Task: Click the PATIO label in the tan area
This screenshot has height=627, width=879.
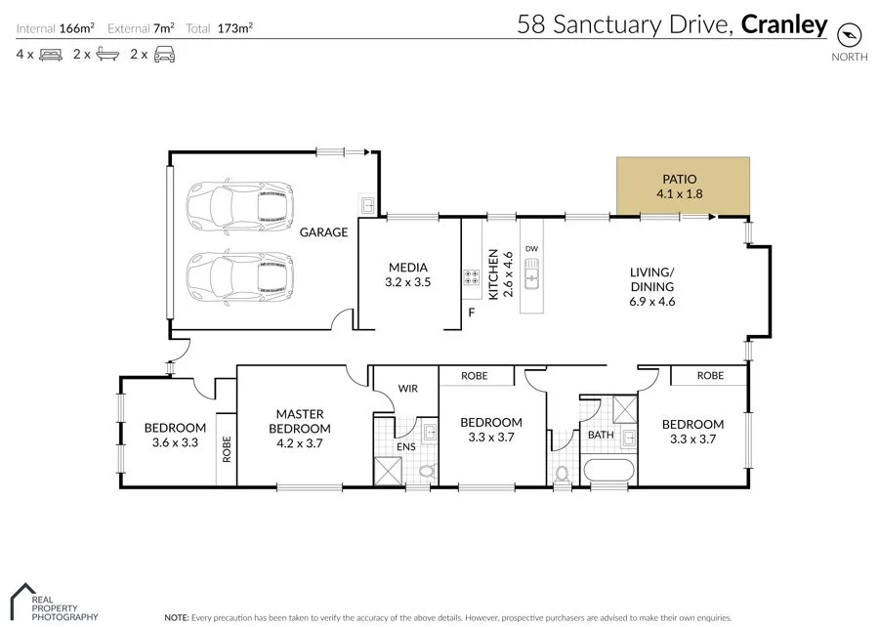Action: click(x=683, y=179)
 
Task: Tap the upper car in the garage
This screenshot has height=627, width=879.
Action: click(x=239, y=205)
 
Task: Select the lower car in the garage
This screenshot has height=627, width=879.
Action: click(x=239, y=275)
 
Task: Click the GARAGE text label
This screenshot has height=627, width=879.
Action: click(x=323, y=232)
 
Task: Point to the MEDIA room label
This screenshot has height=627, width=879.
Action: click(x=408, y=268)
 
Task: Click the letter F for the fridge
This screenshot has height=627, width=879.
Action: click(x=471, y=313)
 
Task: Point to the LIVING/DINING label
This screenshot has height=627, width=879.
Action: click(x=652, y=278)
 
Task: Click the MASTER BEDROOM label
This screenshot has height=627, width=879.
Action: click(x=299, y=421)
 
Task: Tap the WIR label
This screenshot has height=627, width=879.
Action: click(x=407, y=389)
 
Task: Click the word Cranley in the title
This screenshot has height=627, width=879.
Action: click(x=783, y=24)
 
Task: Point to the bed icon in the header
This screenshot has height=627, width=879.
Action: click(x=50, y=55)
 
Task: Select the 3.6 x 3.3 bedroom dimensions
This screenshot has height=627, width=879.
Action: click(x=176, y=442)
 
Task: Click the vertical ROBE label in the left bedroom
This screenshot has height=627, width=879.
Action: click(x=226, y=448)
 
